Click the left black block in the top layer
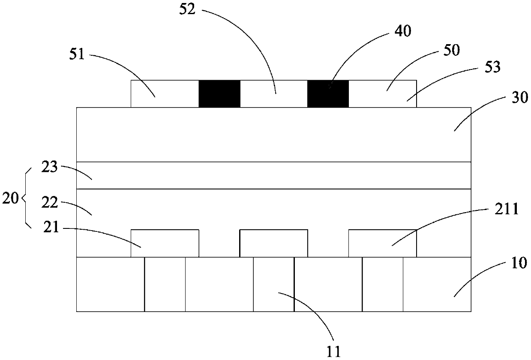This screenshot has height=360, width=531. tap(219, 93)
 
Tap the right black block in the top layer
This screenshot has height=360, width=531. tap(328, 93)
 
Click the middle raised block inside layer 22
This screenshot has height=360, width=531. tap(273, 243)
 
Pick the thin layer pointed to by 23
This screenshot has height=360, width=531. tap(273, 175)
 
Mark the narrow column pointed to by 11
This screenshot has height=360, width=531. tap(273, 284)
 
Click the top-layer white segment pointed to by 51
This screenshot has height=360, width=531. tap(165, 93)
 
